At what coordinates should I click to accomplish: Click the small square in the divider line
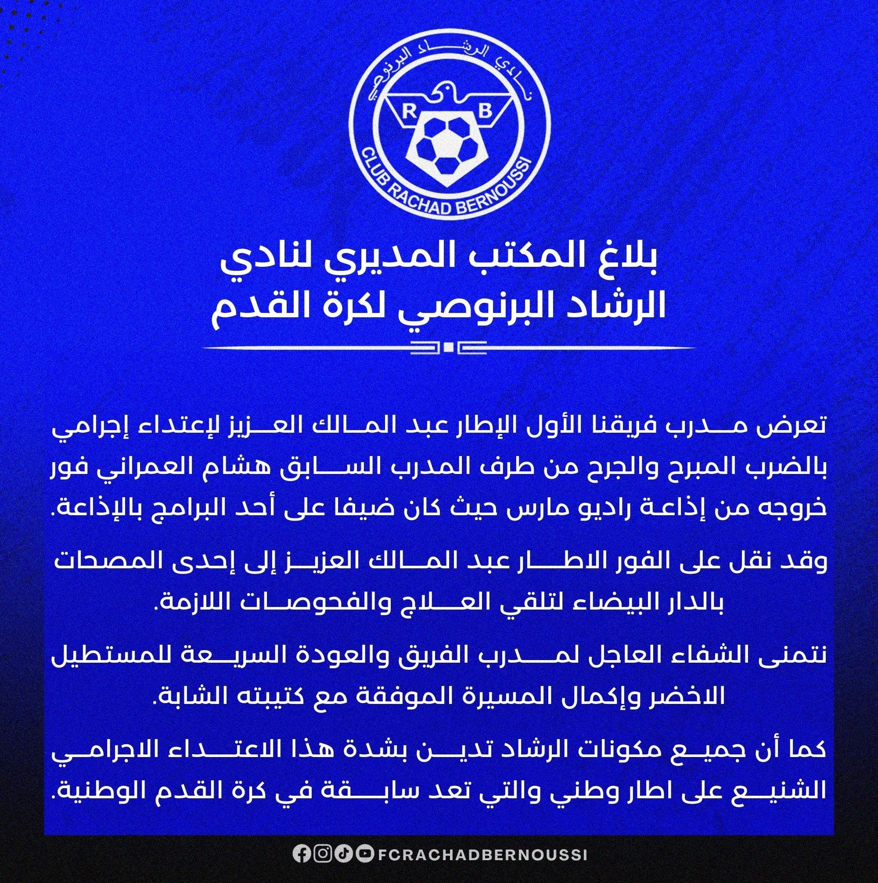(x=448, y=348)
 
